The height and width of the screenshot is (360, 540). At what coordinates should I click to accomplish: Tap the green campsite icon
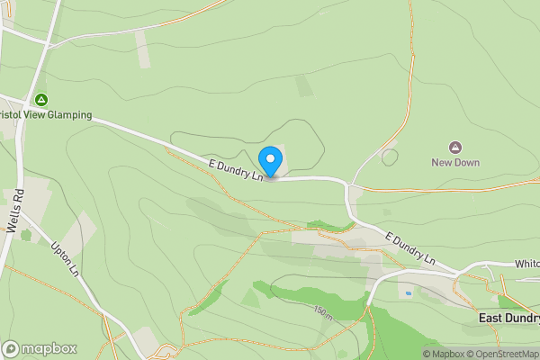(x=40, y=100)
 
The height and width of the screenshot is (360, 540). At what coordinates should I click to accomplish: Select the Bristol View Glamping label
(x=46, y=115)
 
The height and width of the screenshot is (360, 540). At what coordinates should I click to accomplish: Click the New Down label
(x=455, y=163)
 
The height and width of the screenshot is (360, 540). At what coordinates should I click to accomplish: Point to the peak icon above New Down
(x=455, y=147)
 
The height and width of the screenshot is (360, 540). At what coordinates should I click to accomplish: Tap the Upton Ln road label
(x=69, y=260)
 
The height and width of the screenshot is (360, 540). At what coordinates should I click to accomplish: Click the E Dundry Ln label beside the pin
(x=236, y=169)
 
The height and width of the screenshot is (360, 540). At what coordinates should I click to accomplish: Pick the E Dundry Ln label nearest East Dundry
(x=410, y=249)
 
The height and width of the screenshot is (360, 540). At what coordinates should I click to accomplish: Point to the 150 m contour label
(x=324, y=314)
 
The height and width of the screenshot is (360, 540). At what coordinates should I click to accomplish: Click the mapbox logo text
(x=49, y=348)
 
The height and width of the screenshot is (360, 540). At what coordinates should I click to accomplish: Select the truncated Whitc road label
(x=526, y=264)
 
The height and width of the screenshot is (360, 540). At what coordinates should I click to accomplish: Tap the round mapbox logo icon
(x=11, y=348)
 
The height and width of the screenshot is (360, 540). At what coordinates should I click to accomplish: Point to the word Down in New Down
(x=467, y=163)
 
